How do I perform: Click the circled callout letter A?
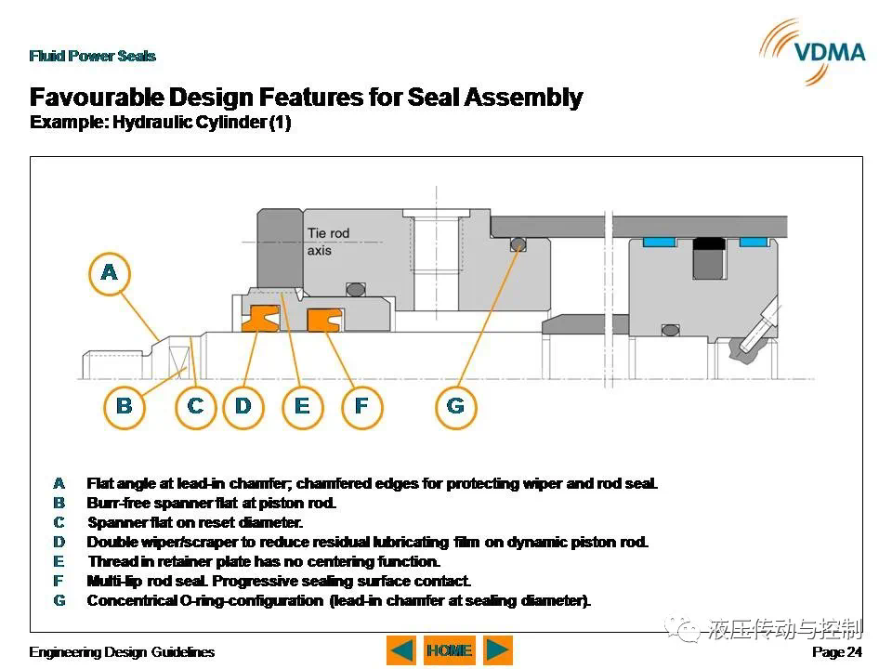click(x=110, y=273)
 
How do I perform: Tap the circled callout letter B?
click(x=125, y=407)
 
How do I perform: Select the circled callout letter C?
click(x=195, y=407)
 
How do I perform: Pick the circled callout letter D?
click(x=243, y=407)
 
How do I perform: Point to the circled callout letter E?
click(x=303, y=407)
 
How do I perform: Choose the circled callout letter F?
click(x=361, y=407)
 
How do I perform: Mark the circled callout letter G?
click(x=455, y=407)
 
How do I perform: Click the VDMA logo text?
click(x=830, y=52)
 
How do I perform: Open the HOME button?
click(x=450, y=650)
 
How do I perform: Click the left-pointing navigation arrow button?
click(x=401, y=650)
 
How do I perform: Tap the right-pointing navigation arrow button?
click(x=498, y=650)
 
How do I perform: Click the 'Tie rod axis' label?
click(x=328, y=242)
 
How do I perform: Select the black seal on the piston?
click(x=709, y=243)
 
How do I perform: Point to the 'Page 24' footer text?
click(x=837, y=652)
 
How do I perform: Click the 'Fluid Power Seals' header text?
click(x=93, y=56)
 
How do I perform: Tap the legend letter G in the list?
click(x=59, y=601)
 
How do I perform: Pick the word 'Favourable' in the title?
click(x=96, y=98)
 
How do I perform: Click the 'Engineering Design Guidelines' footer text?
click(x=122, y=652)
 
